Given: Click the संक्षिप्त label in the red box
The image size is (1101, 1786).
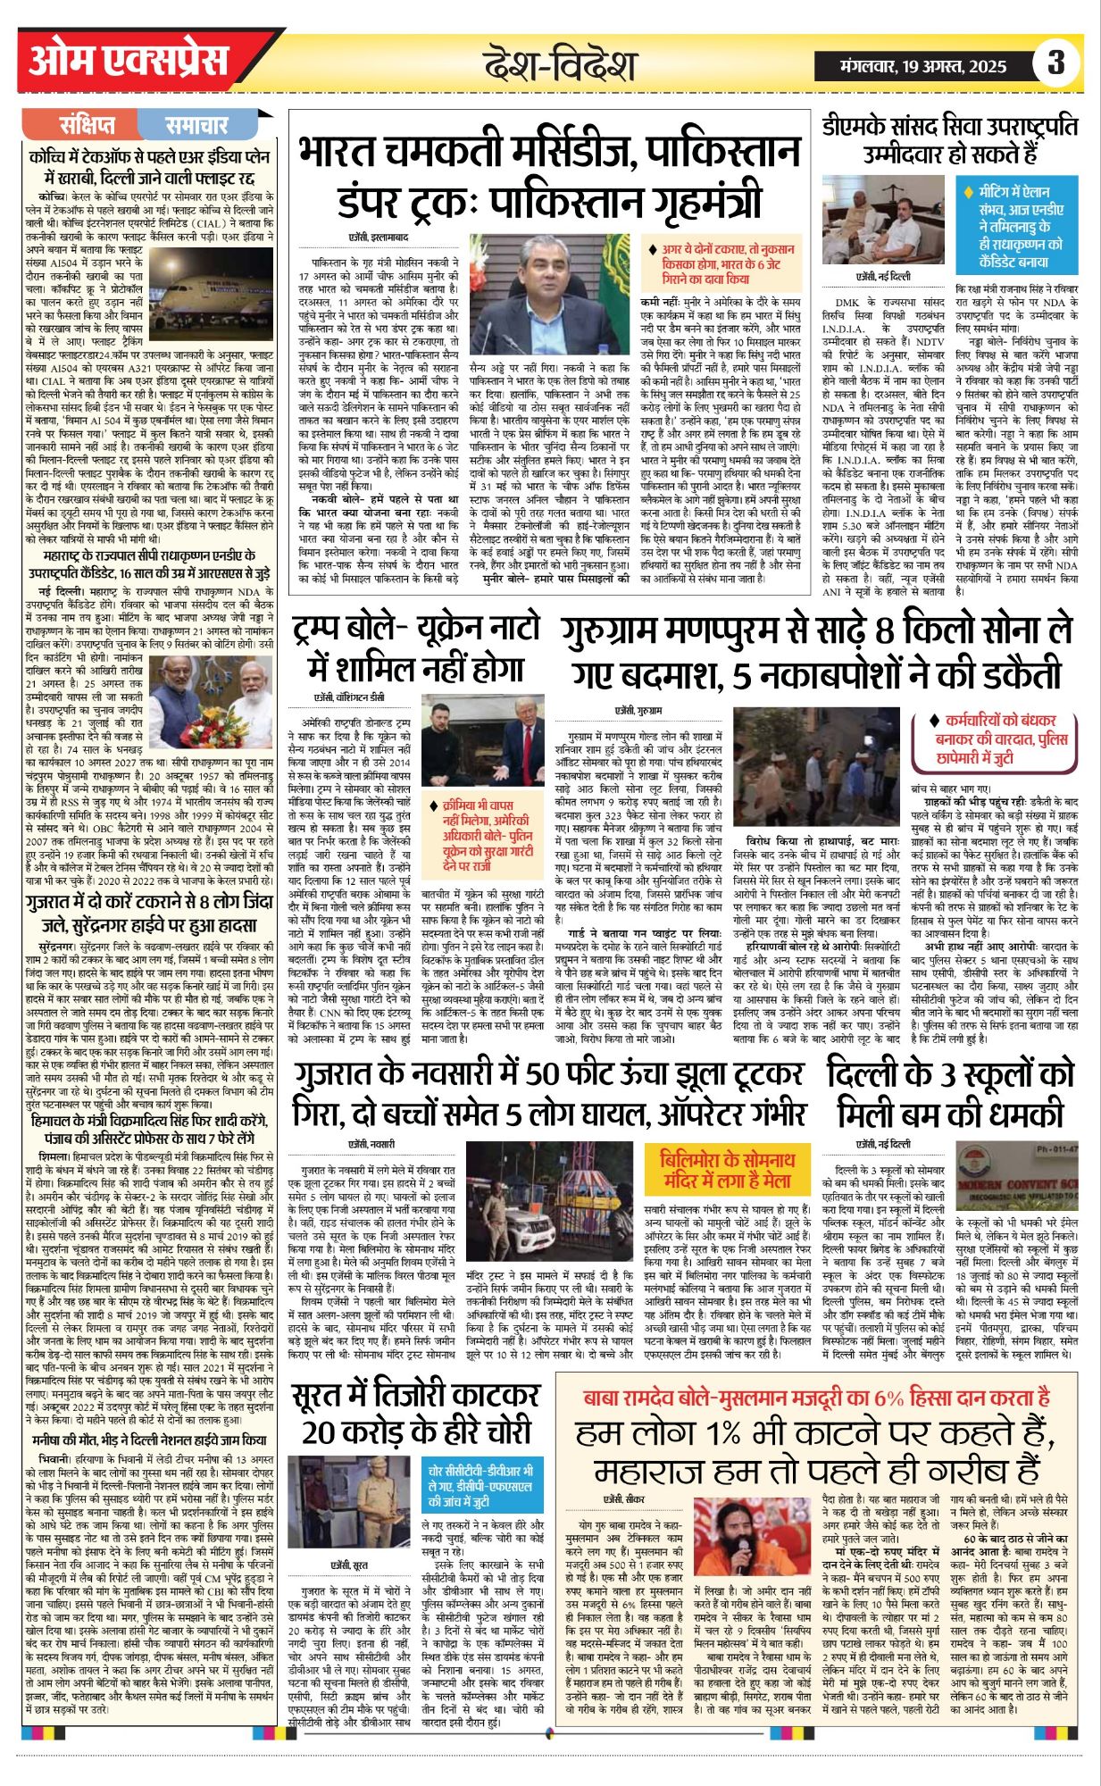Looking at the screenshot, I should (88, 125).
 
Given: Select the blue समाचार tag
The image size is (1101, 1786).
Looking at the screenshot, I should (196, 125).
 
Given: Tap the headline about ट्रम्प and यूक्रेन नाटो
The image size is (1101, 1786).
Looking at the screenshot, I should (416, 650).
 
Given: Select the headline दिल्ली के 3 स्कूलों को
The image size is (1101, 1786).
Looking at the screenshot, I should (950, 1095).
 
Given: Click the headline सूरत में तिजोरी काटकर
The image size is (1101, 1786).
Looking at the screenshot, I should (416, 1415).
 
